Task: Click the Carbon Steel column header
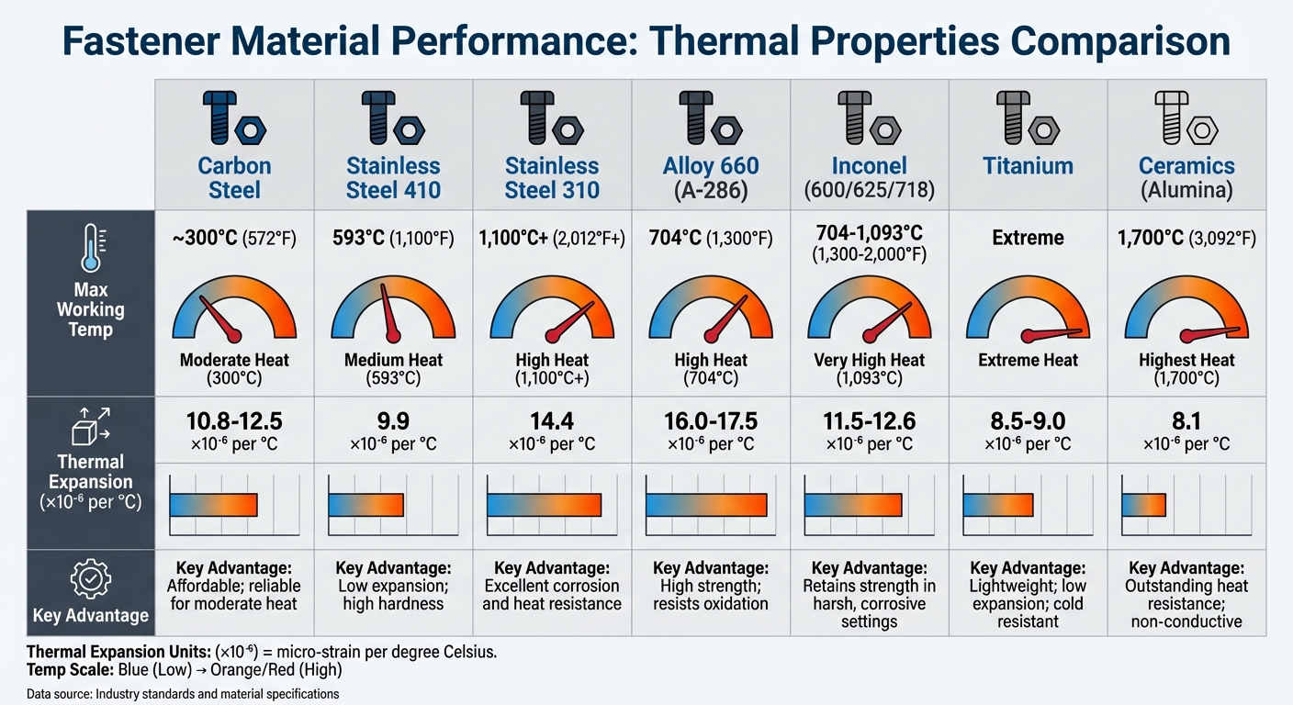tap(234, 178)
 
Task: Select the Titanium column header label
tap(1028, 166)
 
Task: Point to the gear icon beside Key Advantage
tap(90, 581)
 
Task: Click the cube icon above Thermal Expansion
tap(90, 426)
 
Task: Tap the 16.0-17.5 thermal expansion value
tap(711, 420)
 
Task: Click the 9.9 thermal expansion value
tap(393, 420)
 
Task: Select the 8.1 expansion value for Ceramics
tap(1186, 420)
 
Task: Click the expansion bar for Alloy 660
tap(706, 505)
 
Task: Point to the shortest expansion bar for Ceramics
tap(1143, 505)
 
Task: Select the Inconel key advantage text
tap(869, 595)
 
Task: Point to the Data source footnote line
tap(183, 694)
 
